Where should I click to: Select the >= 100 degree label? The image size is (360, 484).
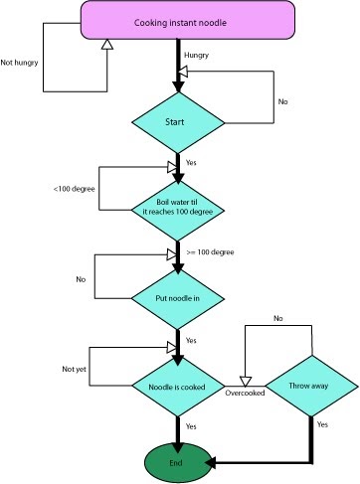point(213,252)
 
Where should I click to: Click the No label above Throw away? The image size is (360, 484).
point(277,318)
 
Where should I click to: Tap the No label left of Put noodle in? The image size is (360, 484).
point(81,279)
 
